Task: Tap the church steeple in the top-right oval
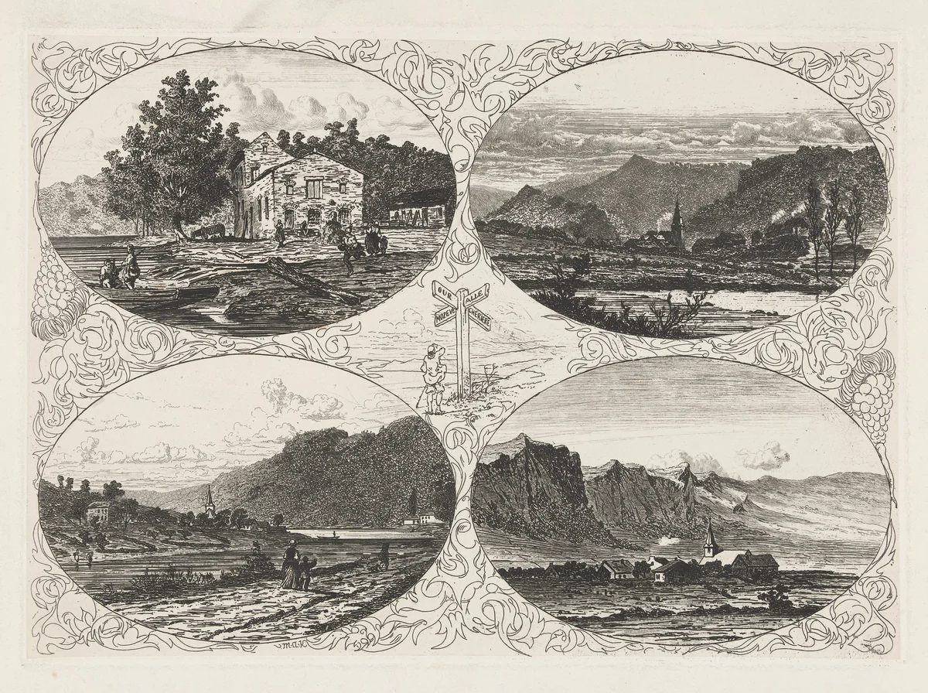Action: coord(677,220)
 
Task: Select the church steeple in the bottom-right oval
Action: coord(709,538)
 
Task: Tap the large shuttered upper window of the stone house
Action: coord(314,188)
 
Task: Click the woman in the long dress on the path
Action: coord(291,568)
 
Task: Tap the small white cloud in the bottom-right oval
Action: coord(763,456)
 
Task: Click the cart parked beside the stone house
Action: coord(210,230)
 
